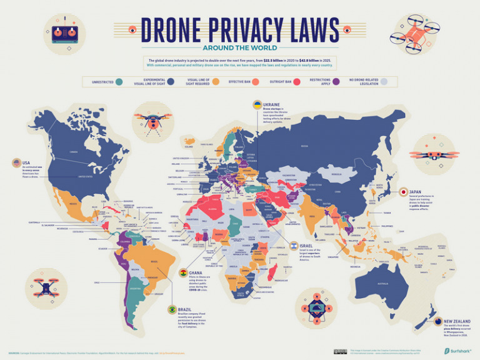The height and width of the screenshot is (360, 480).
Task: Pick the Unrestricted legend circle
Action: [119, 81]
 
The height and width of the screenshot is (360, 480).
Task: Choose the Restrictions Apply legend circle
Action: [336, 81]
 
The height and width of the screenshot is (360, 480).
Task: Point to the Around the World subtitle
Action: [239, 47]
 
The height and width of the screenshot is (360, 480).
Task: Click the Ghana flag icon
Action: [183, 273]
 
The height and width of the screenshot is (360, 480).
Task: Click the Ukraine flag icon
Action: [257, 104]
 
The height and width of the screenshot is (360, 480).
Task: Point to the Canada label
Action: [73, 152]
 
